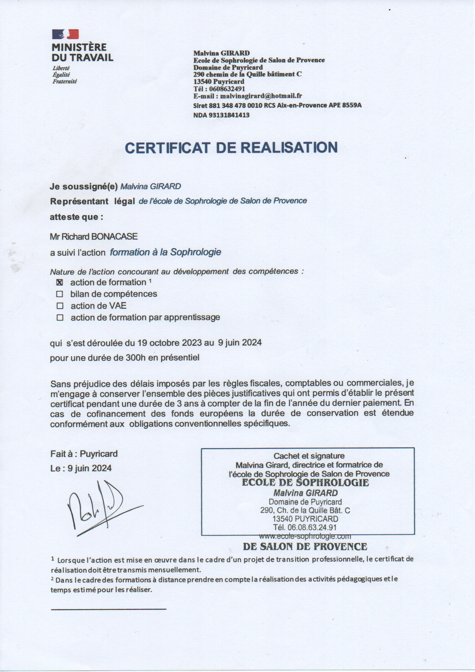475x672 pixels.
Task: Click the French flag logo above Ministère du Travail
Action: click(65, 35)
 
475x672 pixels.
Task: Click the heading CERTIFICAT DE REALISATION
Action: click(231, 148)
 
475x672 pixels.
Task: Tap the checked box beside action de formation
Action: click(59, 283)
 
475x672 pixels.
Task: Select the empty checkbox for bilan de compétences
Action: click(59, 294)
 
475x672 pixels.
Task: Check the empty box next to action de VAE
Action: click(60, 306)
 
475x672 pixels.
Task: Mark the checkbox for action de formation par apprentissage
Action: click(60, 317)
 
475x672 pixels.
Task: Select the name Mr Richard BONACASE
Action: click(94, 237)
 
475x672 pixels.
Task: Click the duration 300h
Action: click(136, 358)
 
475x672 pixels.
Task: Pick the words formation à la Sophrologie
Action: click(165, 252)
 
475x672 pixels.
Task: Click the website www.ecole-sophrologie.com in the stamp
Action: click(305, 536)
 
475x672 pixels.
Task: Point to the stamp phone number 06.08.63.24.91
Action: click(310, 527)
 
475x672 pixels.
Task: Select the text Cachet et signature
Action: click(309, 456)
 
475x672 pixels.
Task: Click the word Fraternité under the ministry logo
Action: click(65, 81)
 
